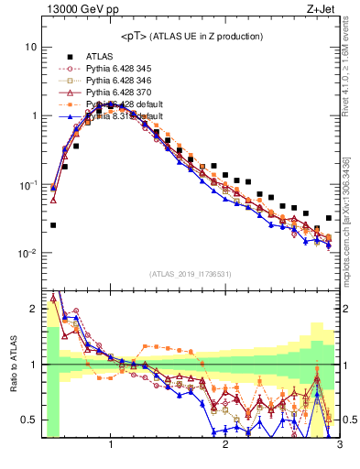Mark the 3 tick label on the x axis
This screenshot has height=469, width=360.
coord(339,444)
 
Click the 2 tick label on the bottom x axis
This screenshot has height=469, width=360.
coord(225,444)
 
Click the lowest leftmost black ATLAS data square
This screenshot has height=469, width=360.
coord(53,224)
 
